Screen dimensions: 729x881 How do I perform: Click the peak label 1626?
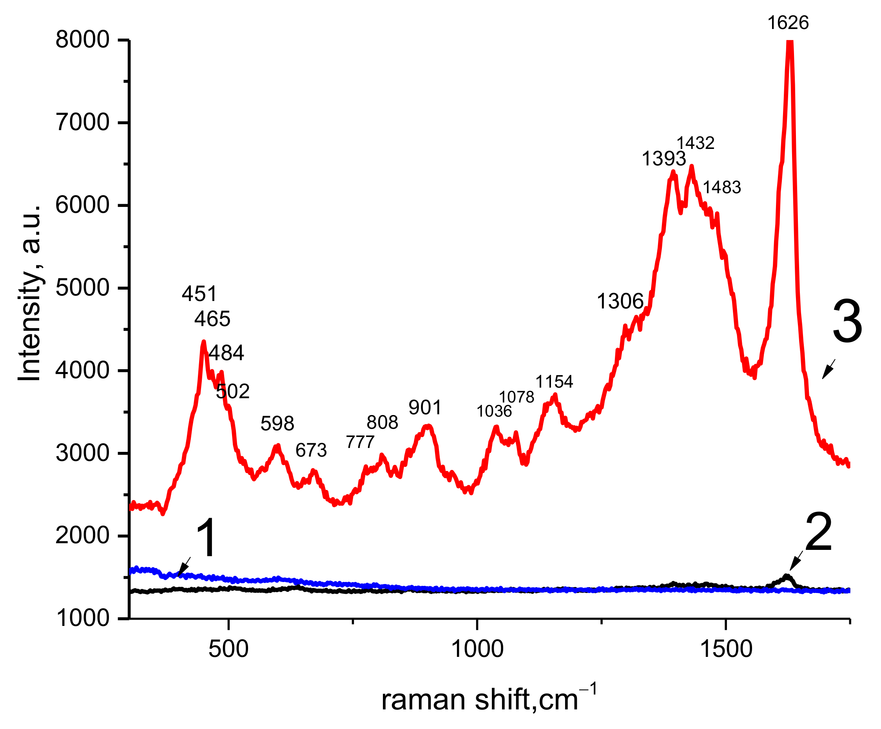click(x=787, y=23)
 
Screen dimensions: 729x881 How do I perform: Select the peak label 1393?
click(x=663, y=159)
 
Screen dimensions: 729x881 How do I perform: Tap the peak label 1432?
click(x=695, y=143)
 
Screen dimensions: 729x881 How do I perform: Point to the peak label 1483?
click(x=721, y=187)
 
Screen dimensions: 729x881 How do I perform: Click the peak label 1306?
click(x=620, y=301)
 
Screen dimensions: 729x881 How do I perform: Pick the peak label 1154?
click(x=554, y=382)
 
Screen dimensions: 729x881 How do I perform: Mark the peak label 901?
click(x=425, y=407)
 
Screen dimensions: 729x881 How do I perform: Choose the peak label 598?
click(x=277, y=424)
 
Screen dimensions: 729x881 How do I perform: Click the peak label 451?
click(x=199, y=294)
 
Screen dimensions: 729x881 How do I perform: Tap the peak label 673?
click(x=311, y=450)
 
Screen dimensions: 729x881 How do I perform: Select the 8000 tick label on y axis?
click(x=82, y=40)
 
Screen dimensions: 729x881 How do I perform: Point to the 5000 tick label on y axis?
click(x=82, y=288)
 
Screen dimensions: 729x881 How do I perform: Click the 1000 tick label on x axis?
click(x=477, y=649)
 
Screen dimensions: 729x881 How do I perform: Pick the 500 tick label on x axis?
click(x=228, y=649)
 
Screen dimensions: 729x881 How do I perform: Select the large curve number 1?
click(x=206, y=538)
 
